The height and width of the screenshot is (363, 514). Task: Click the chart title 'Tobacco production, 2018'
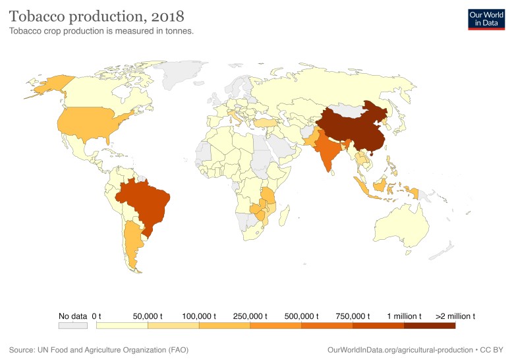(96, 14)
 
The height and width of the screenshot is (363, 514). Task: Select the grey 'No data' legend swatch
(72, 325)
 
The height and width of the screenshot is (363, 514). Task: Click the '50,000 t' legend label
(148, 316)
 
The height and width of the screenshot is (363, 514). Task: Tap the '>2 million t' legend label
(455, 316)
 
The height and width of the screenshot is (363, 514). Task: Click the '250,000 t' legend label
(250, 316)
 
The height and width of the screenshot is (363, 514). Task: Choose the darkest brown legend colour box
(429, 325)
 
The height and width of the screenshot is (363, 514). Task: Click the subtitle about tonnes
(101, 30)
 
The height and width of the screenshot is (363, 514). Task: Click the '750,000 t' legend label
(353, 316)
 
